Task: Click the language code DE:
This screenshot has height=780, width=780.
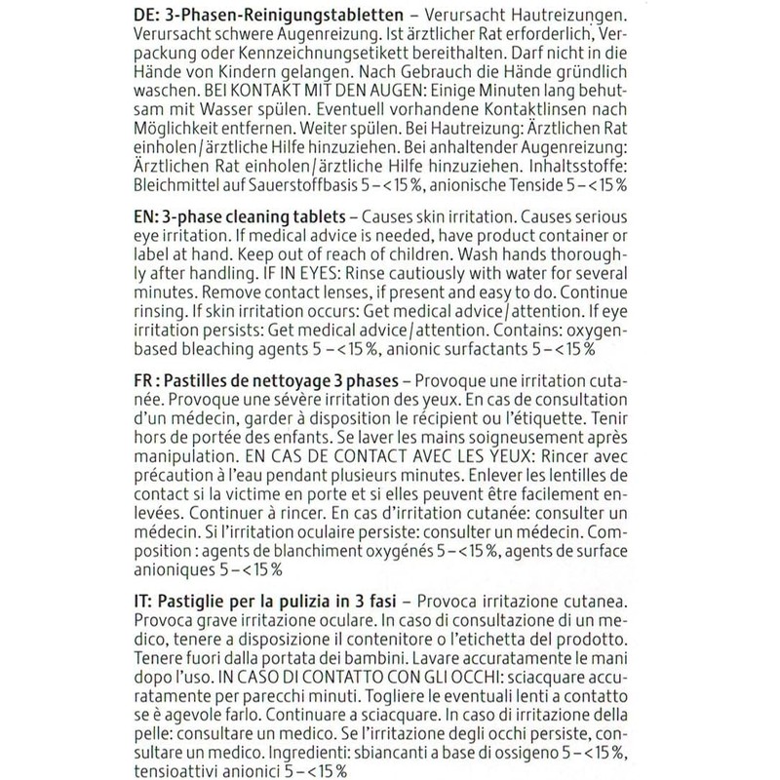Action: click(x=146, y=17)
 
